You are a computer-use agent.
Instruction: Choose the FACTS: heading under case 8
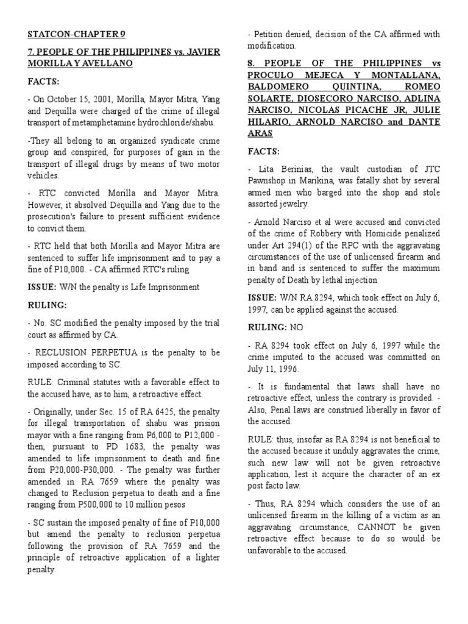point(263,151)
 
